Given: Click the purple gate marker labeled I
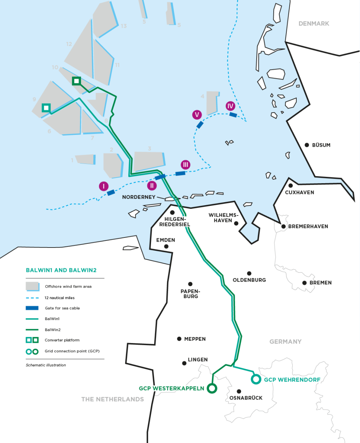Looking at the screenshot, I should (x=104, y=186).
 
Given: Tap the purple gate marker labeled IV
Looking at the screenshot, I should (x=231, y=106).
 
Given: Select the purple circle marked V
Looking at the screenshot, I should (x=197, y=115).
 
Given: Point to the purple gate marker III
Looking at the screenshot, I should (x=186, y=165).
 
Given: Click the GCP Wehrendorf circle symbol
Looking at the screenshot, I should (x=256, y=379).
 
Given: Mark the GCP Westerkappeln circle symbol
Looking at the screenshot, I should (x=212, y=388).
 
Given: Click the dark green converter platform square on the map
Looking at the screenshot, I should (x=77, y=81).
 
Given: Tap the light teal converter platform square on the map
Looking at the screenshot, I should (x=46, y=108).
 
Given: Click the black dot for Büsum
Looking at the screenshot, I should (x=307, y=145).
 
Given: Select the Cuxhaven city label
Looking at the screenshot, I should (x=299, y=193).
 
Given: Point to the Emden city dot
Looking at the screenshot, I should (x=166, y=246).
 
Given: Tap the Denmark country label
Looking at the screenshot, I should (x=314, y=24).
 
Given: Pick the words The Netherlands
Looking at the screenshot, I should (x=112, y=399).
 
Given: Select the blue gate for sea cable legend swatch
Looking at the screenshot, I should (x=32, y=308).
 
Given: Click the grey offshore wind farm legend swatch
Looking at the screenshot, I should (x=32, y=286).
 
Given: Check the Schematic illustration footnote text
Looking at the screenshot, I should (x=46, y=365).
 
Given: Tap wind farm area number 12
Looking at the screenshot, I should (x=69, y=44).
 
